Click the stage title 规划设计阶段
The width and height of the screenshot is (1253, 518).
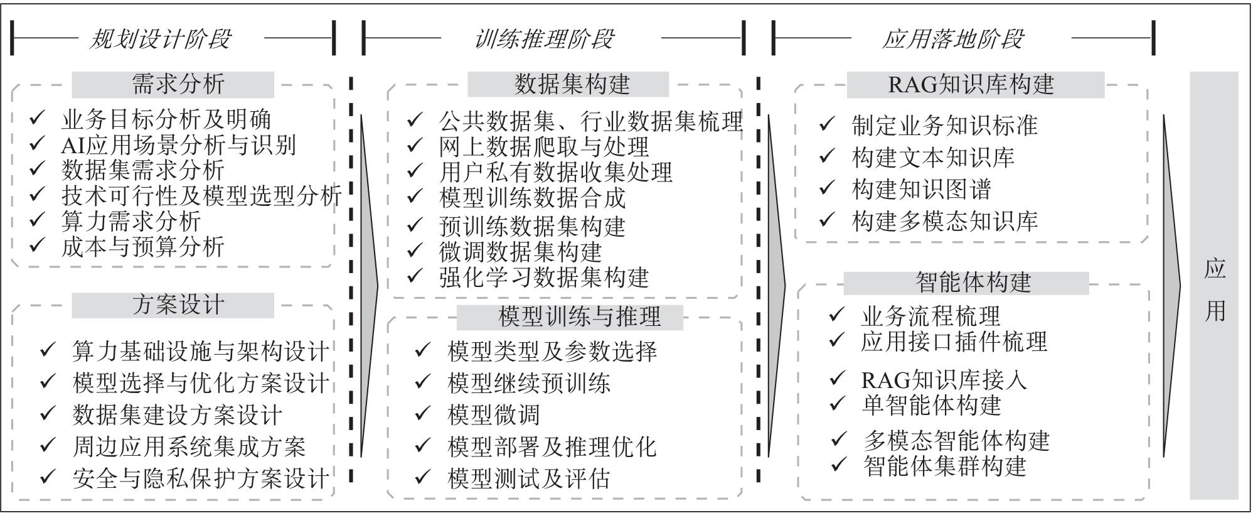point(160,39)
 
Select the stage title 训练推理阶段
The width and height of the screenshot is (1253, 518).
point(544,39)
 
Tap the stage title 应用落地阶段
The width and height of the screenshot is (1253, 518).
point(953,39)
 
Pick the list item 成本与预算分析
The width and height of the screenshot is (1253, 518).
point(142,247)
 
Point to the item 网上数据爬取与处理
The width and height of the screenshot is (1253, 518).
point(543,147)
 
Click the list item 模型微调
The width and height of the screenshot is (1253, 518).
point(493,415)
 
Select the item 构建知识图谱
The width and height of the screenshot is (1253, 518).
point(921,189)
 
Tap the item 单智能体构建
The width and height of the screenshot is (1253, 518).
point(931,406)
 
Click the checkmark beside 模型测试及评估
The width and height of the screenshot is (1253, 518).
point(423,477)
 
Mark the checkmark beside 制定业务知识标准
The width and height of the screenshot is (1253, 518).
point(827,124)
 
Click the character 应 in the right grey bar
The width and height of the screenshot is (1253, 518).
point(1215,269)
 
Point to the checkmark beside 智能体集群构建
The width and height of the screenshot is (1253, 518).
point(839,465)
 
